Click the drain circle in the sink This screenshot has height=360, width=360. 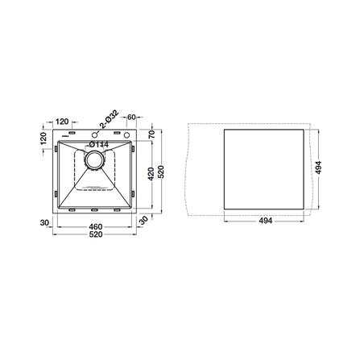tap(94, 159)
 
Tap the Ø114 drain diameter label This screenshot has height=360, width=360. tap(98, 144)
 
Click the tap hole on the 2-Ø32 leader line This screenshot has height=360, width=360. tap(94, 134)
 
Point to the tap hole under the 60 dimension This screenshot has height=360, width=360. tap(126, 134)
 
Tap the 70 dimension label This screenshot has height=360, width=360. tap(151, 134)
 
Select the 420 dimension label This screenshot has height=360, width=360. tap(151, 174)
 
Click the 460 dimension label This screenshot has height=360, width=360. tap(95, 226)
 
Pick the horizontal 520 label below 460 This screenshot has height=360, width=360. tap(96, 234)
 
